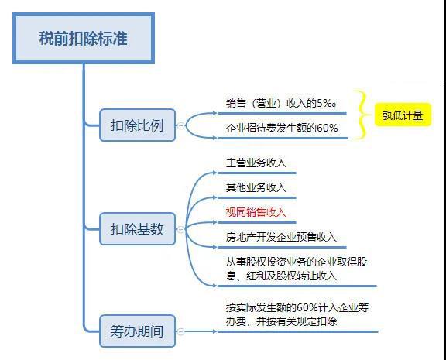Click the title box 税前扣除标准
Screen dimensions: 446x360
(x=84, y=38)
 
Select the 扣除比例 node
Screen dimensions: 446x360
(x=137, y=125)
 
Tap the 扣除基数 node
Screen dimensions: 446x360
(x=137, y=229)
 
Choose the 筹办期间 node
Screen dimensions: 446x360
(x=137, y=331)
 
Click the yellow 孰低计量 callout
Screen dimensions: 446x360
(x=403, y=115)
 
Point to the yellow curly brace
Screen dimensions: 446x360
(x=362, y=115)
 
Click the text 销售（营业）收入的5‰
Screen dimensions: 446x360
(x=281, y=103)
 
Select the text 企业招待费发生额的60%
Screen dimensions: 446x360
(x=282, y=128)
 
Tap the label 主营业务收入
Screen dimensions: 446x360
(x=256, y=163)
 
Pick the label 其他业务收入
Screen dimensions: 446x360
(x=256, y=187)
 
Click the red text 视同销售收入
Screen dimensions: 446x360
(x=256, y=212)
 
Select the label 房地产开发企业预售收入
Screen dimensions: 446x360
(x=281, y=237)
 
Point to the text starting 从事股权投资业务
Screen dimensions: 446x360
(x=297, y=269)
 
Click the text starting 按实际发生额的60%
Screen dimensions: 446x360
(x=297, y=314)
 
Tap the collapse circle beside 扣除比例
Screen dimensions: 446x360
(x=180, y=125)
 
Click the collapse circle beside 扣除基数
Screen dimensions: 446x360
(x=180, y=229)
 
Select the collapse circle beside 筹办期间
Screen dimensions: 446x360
(x=180, y=331)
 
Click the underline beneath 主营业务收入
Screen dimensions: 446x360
(x=257, y=173)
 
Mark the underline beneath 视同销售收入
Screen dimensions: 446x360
(x=257, y=222)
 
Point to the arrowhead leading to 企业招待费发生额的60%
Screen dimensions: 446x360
(x=214, y=138)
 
